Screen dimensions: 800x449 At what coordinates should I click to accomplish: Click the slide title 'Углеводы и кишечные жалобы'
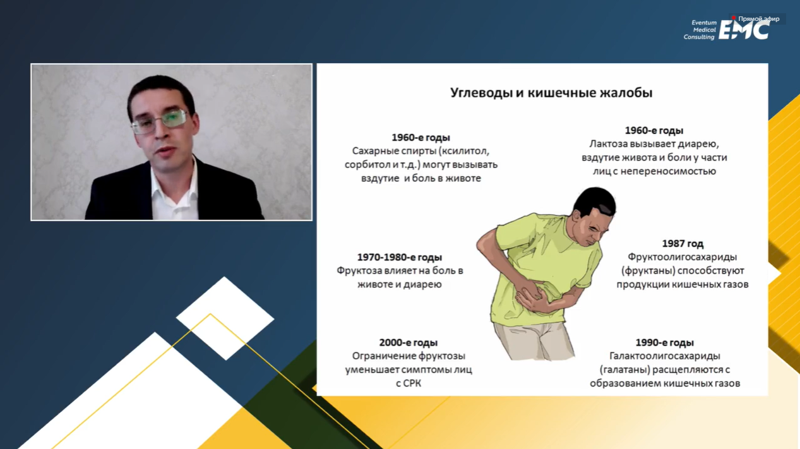[x=551, y=93]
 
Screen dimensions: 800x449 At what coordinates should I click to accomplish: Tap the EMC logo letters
[x=744, y=30]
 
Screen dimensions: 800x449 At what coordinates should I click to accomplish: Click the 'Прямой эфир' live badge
[x=758, y=18]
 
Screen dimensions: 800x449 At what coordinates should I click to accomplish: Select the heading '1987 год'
[x=683, y=244]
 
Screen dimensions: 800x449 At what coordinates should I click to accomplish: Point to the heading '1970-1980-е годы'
[x=399, y=257]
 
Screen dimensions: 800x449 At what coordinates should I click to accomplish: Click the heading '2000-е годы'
[x=409, y=342]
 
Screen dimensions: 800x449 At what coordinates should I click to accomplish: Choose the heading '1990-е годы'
[x=665, y=342]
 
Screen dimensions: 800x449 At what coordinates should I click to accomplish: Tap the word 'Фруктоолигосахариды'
[x=682, y=257]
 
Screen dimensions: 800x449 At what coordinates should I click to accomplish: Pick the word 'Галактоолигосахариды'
[x=665, y=356]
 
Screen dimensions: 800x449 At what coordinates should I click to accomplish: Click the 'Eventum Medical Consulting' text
[x=700, y=30]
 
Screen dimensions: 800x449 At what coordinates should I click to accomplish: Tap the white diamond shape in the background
[x=225, y=318]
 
